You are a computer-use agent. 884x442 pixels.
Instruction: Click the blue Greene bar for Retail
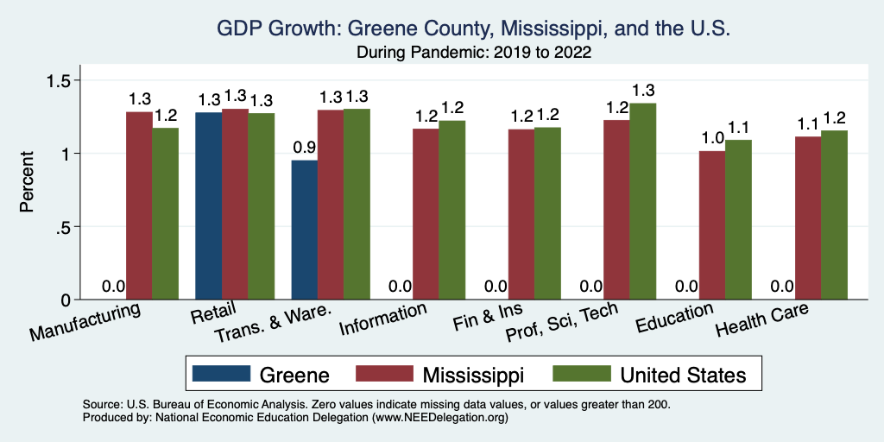[x=208, y=206]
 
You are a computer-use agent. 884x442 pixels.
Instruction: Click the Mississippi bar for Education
[x=711, y=225]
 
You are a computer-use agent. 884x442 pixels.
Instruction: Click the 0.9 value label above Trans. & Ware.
[x=305, y=148]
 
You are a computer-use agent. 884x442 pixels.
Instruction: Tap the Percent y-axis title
[x=28, y=183]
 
